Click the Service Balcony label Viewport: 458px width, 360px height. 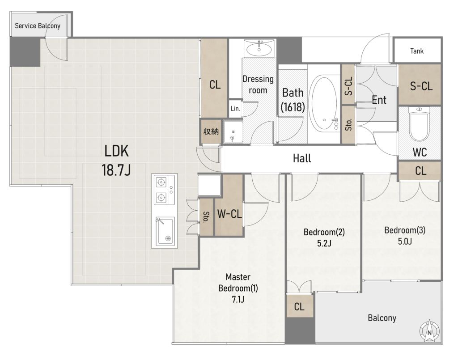point(38,26)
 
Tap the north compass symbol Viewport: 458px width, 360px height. point(429,331)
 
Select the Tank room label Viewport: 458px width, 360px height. point(417,51)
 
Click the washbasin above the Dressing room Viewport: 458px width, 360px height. point(259,48)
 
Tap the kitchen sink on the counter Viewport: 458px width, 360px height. point(165,231)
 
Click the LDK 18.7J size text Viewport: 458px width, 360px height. point(116,170)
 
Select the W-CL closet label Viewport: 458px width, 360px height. point(229,214)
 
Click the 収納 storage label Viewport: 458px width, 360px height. point(211,131)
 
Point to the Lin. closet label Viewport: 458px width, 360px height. point(235,109)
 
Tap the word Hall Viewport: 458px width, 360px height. point(302,158)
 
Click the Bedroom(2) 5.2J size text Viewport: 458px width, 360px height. point(324,243)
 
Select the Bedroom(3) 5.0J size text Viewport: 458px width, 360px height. point(405,241)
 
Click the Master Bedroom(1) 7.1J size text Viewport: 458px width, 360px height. point(238,300)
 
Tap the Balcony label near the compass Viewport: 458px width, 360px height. point(382,318)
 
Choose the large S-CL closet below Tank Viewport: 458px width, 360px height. point(420,85)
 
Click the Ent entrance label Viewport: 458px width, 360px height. point(379,100)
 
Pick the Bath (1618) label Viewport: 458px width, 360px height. point(293,100)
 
